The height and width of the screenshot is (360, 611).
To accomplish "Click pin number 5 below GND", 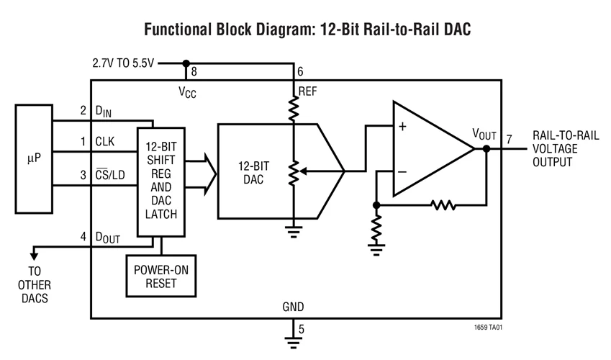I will [301, 330].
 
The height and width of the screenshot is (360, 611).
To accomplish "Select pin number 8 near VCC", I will [193, 72].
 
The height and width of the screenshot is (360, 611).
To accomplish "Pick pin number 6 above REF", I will [300, 72].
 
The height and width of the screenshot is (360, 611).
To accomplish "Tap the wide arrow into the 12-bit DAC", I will [204, 174].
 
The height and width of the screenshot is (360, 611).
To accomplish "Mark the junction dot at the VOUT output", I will [486, 149].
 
